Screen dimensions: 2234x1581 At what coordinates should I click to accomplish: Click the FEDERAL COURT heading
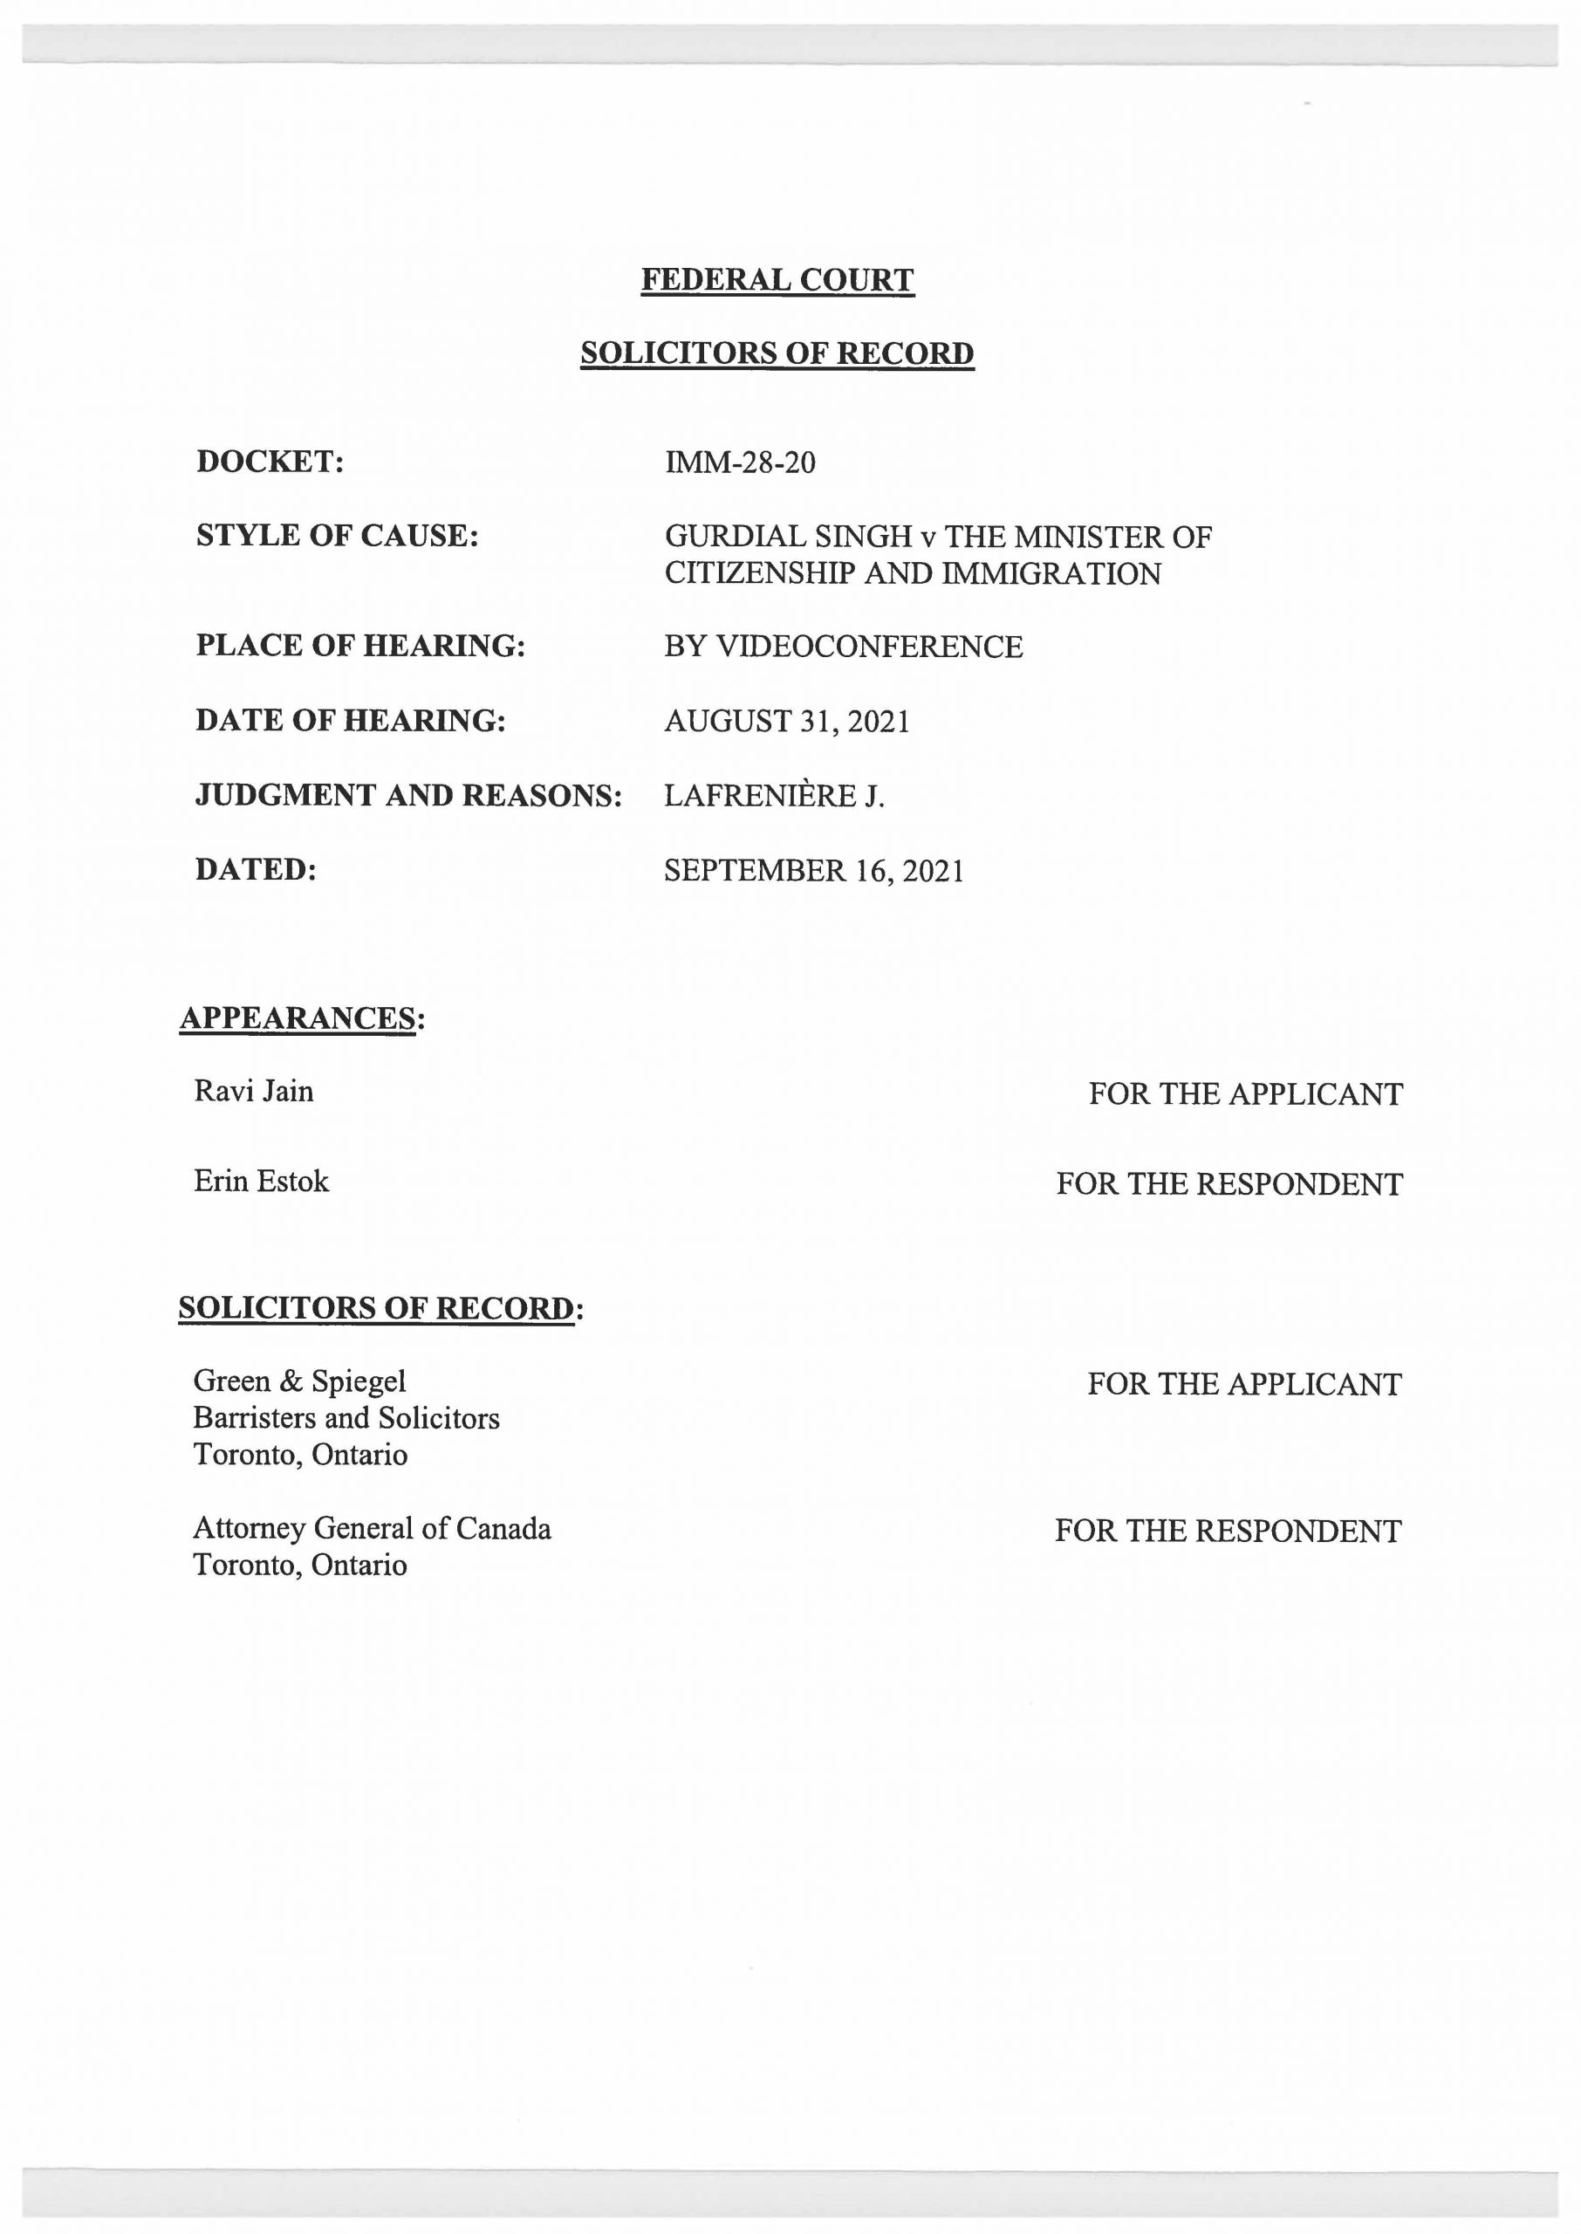777,280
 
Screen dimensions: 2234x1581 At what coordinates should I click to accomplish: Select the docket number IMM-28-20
740,462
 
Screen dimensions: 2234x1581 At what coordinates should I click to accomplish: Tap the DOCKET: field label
270,462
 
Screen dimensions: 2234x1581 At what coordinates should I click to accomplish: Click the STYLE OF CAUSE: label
337,536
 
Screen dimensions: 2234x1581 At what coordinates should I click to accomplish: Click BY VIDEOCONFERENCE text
843,647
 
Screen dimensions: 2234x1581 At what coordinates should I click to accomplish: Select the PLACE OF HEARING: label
360,646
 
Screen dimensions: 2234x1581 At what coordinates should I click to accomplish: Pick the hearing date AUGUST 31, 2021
787,722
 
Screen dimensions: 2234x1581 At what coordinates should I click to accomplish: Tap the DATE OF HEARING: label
351,720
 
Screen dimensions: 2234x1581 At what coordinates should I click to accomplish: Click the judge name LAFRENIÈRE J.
774,795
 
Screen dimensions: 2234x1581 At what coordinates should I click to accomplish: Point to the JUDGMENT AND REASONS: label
409,795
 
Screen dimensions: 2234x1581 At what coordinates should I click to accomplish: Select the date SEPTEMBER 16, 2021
814,870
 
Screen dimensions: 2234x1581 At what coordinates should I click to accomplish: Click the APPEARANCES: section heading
303,1018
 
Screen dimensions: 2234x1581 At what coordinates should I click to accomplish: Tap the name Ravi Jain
254,1091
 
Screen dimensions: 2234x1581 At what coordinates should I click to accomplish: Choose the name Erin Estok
262,1182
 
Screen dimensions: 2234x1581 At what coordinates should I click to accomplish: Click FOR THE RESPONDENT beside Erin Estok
1229,1183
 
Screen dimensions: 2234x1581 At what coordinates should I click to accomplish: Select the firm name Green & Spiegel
300,1381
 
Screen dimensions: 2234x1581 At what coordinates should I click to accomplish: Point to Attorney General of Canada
372,1528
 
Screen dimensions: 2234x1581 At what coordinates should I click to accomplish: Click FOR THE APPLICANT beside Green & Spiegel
1244,1383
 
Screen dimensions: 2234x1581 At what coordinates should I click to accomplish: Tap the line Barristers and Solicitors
346,1417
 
